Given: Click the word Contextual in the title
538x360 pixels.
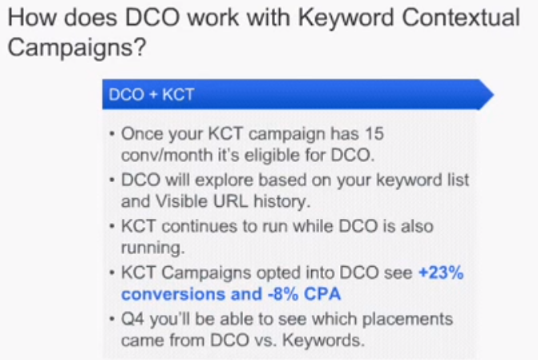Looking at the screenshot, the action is [461, 18].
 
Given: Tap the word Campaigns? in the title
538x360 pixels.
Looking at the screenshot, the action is [77, 47].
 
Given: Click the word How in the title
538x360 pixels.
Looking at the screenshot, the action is [31, 18].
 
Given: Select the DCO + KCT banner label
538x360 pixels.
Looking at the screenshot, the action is [152, 95].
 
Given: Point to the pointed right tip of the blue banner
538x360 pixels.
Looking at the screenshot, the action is [493, 95].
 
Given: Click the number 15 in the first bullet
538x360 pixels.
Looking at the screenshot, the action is [374, 134].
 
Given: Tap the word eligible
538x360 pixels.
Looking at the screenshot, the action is [272, 155].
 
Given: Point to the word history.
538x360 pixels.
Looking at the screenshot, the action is [281, 202].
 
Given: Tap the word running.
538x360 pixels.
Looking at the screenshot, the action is [152, 248].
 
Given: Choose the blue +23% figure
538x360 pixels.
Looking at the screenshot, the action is [441, 273].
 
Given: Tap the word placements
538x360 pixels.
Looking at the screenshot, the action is [407, 320].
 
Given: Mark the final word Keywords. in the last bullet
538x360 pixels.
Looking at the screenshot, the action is [323, 341].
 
